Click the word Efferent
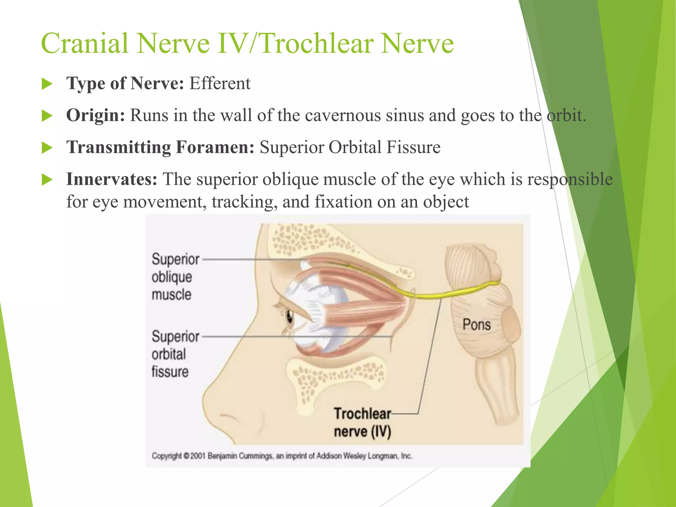tap(220, 83)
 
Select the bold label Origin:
tap(95, 116)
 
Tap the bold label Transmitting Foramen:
tap(160, 147)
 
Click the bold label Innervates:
tap(112, 179)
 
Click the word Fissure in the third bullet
tap(413, 147)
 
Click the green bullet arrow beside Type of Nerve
tap(47, 84)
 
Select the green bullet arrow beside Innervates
tap(47, 180)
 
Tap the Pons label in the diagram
tap(476, 324)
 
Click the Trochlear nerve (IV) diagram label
tap(362, 422)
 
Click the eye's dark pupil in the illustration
tap(289, 317)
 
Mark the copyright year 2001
tap(197, 456)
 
